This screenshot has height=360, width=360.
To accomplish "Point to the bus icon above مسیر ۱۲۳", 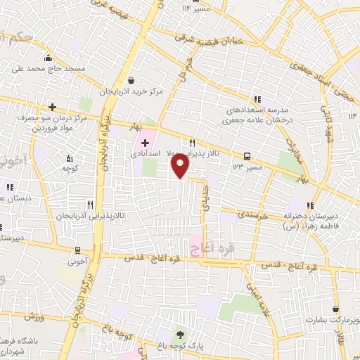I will tap(247, 155).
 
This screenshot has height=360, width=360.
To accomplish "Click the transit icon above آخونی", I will tap(77, 250).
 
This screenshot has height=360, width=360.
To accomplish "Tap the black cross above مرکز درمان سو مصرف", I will tap(52, 107).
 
